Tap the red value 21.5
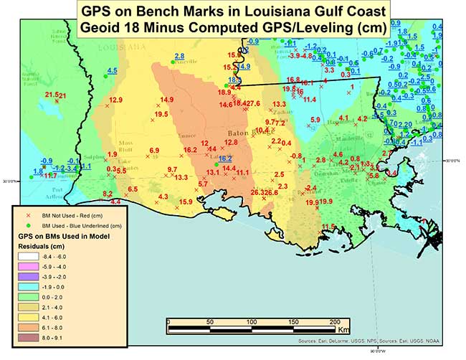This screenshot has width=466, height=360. (51, 95)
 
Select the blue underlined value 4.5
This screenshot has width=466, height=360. (112, 70)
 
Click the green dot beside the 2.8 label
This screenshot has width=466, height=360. (172, 63)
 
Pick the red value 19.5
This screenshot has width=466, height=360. (161, 114)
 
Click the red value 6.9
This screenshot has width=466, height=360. (154, 150)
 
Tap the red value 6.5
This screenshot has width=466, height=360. (133, 189)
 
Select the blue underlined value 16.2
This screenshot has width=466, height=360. (225, 158)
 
